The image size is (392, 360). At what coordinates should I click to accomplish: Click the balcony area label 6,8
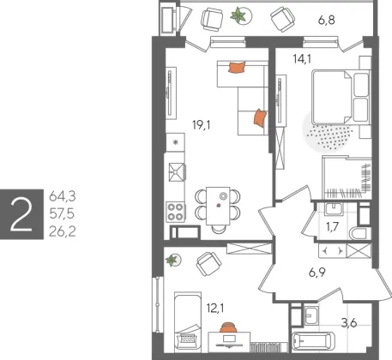pos(327,21)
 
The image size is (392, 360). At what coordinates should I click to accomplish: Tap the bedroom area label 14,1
pos(302,59)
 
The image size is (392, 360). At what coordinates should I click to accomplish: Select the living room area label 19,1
pos(202,125)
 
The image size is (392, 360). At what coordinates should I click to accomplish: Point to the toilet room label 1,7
pos(332,227)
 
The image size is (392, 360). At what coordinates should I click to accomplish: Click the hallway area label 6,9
pos(317,273)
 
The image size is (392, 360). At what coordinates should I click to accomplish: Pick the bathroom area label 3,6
pos(349,323)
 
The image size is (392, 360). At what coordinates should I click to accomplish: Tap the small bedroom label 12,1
pos(215,309)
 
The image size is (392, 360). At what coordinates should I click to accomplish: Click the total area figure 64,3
pos(63,196)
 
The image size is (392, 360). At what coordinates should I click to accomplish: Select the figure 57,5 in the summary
pos(62,214)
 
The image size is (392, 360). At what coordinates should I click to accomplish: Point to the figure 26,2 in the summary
pos(63,231)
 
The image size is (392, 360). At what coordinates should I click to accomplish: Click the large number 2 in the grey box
pos(21,214)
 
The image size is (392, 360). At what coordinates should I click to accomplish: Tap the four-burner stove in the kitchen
pos(176,212)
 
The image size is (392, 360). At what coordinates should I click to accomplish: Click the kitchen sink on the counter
pos(177,172)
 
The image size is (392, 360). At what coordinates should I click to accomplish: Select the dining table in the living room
pos(218,206)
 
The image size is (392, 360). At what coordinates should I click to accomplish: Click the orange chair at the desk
pos(228,327)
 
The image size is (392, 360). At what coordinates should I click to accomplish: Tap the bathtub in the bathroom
pos(313,341)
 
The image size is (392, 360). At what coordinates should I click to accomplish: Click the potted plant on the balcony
pos(238,15)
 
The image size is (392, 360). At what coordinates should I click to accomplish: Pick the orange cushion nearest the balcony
pos(237,68)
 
